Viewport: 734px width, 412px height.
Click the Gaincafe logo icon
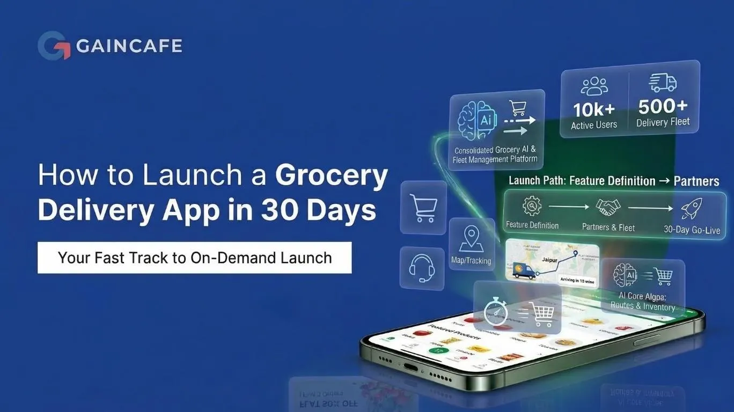(x=54, y=46)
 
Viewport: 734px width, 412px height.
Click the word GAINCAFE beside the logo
(x=129, y=46)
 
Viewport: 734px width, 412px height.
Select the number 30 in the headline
(x=283, y=211)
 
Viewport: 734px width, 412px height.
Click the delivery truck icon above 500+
(x=663, y=84)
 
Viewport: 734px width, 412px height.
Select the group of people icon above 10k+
(x=594, y=86)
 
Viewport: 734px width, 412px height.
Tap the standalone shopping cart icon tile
(x=423, y=207)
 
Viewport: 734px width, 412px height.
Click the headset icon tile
(x=422, y=268)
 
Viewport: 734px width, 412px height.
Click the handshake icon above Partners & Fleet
(x=608, y=207)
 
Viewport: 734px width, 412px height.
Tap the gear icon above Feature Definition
(x=532, y=206)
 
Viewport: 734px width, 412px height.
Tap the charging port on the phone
(x=410, y=368)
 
